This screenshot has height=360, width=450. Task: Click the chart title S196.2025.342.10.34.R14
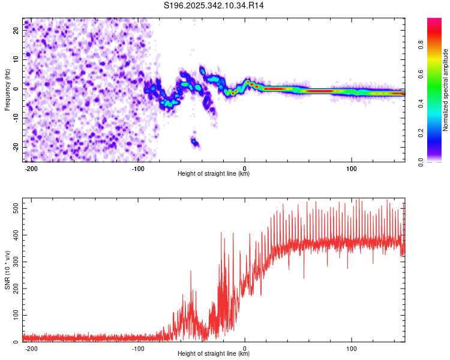(x=214, y=6)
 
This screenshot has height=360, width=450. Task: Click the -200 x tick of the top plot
(x=32, y=168)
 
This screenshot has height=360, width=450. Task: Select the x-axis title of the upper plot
(x=214, y=174)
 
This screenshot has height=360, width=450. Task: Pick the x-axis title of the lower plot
(x=214, y=354)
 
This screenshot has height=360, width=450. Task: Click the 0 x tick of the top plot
(x=245, y=168)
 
